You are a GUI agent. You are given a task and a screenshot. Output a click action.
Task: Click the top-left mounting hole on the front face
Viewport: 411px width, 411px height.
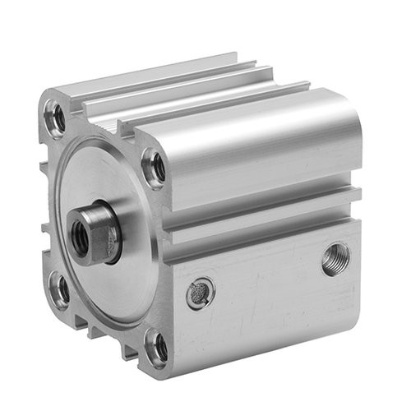(x=57, y=118)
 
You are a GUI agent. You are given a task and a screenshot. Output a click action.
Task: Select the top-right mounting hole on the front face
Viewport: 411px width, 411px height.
(x=154, y=168)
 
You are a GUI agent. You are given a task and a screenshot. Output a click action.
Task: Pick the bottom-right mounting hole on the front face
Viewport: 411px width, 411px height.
(x=156, y=348)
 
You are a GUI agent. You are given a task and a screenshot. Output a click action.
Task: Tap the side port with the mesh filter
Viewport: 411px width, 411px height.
(x=200, y=293)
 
